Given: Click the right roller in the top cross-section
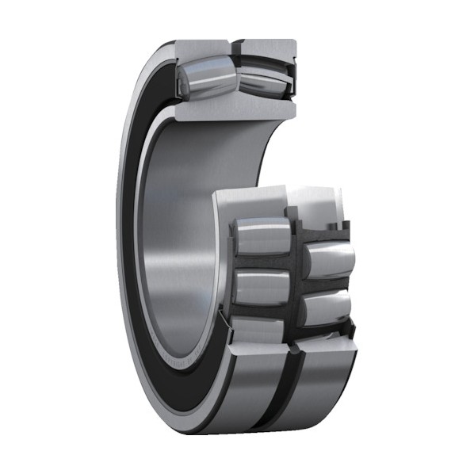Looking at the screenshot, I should (259, 80).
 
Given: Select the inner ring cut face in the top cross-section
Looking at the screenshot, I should (230, 109).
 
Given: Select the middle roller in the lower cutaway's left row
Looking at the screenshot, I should (262, 287).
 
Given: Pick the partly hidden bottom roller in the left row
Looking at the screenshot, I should (258, 325).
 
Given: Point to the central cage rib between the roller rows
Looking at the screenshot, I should (295, 277).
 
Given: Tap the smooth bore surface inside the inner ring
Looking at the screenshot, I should (178, 238).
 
